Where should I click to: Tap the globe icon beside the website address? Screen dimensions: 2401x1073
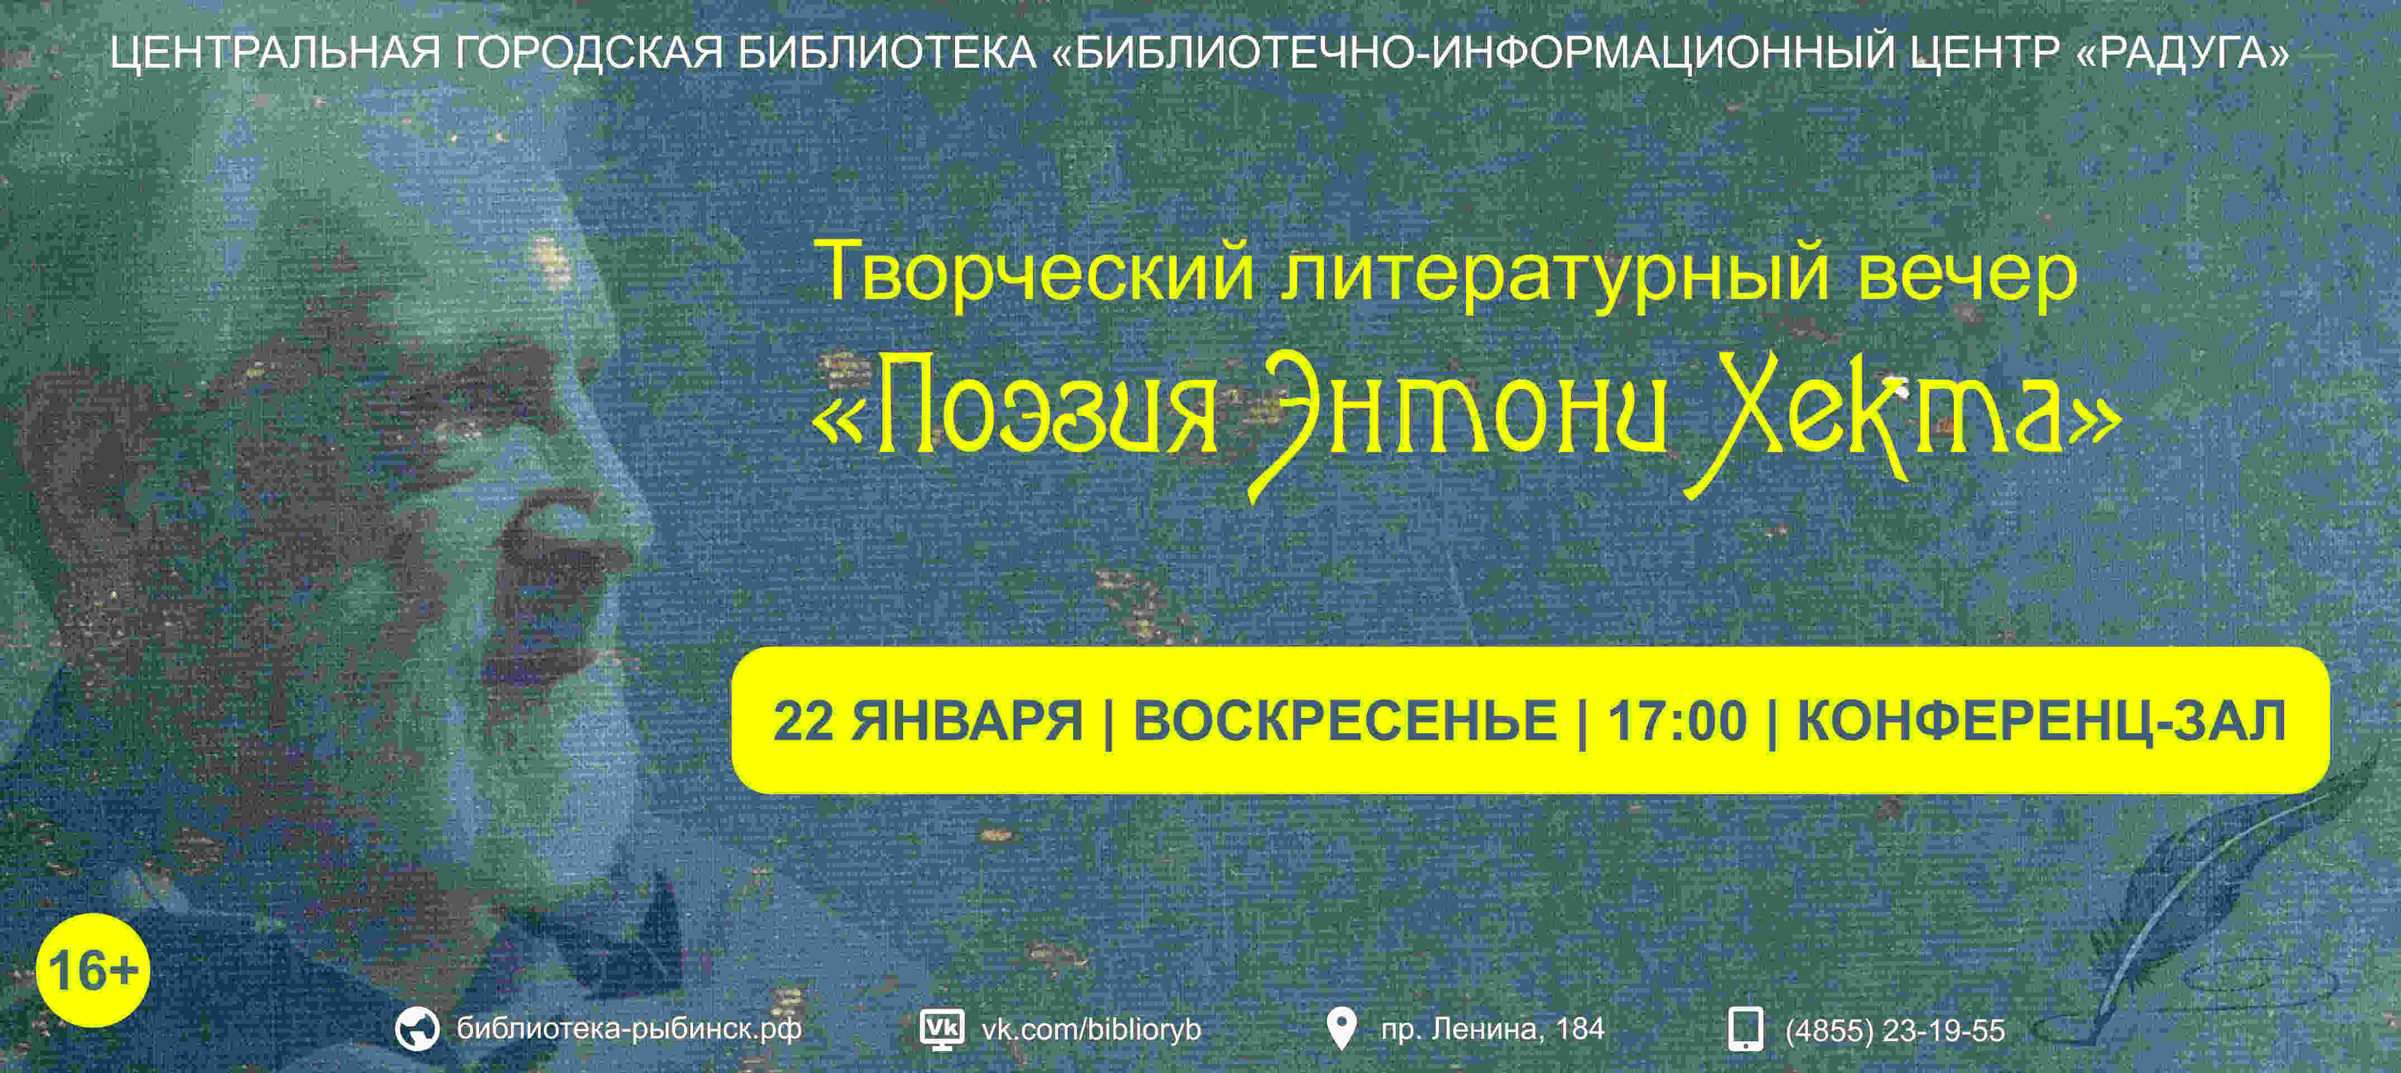416,1029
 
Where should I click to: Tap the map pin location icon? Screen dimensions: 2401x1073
1340,1028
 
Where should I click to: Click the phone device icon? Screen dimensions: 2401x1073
1745,1029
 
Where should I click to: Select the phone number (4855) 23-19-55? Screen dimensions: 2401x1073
1895,1029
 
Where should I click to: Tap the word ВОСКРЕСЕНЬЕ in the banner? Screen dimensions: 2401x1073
1345,720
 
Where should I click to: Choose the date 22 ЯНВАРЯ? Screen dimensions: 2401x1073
927,720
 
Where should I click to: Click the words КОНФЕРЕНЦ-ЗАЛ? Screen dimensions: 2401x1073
2041,720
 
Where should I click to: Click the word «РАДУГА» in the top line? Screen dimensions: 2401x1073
2183,51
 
